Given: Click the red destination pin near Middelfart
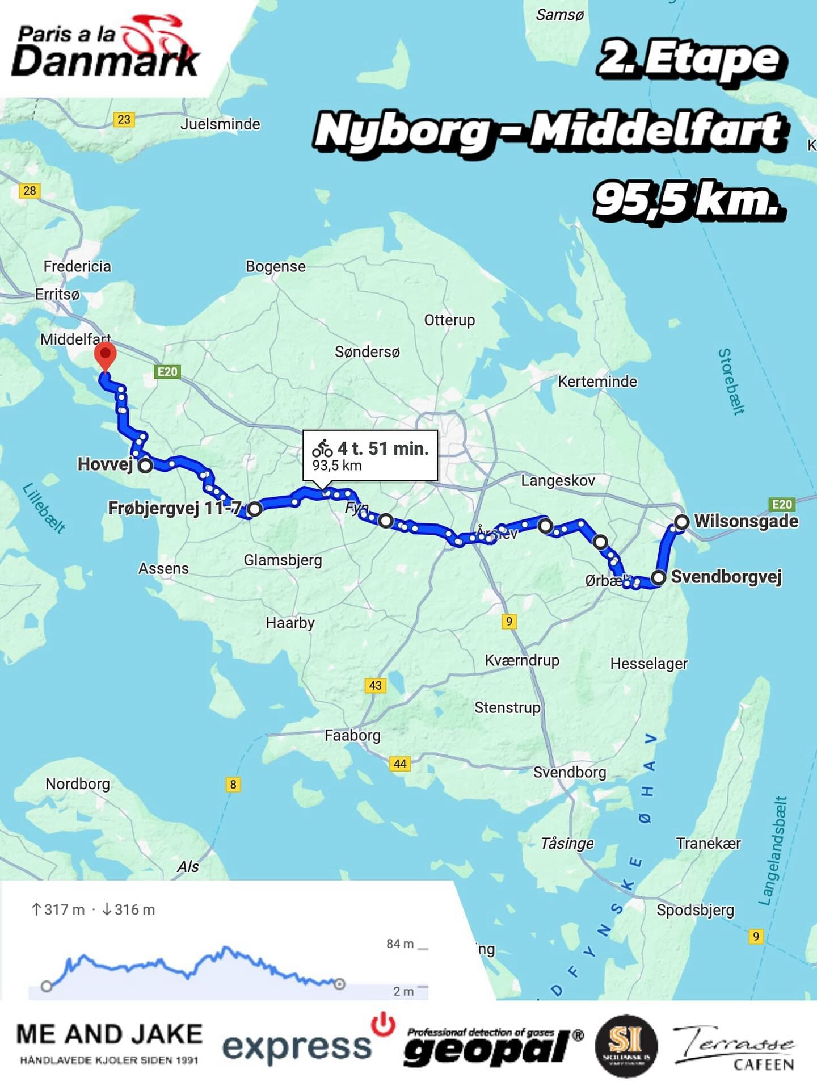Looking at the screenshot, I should pyautogui.click(x=105, y=355).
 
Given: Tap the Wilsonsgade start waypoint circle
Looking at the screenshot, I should pyautogui.click(x=681, y=521).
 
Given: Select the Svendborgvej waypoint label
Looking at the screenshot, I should pyautogui.click(x=726, y=577).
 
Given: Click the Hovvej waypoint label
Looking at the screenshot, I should pyautogui.click(x=105, y=464).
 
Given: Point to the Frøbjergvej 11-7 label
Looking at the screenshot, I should pyautogui.click(x=175, y=508).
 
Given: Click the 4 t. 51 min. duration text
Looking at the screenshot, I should pyautogui.click(x=383, y=448).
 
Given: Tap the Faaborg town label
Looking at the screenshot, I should pyautogui.click(x=352, y=736).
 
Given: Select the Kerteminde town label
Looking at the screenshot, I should pyautogui.click(x=597, y=381).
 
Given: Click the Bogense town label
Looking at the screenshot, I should pyautogui.click(x=275, y=266).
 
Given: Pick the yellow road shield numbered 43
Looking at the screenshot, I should pyautogui.click(x=375, y=685).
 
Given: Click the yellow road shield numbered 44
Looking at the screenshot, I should pyautogui.click(x=400, y=764).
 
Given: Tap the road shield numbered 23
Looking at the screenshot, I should pyautogui.click(x=124, y=119).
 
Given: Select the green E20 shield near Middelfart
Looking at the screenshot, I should pyautogui.click(x=167, y=372).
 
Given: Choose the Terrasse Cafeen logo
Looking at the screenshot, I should pyautogui.click(x=735, y=1048).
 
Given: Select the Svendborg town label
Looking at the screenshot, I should pyautogui.click(x=570, y=772).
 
